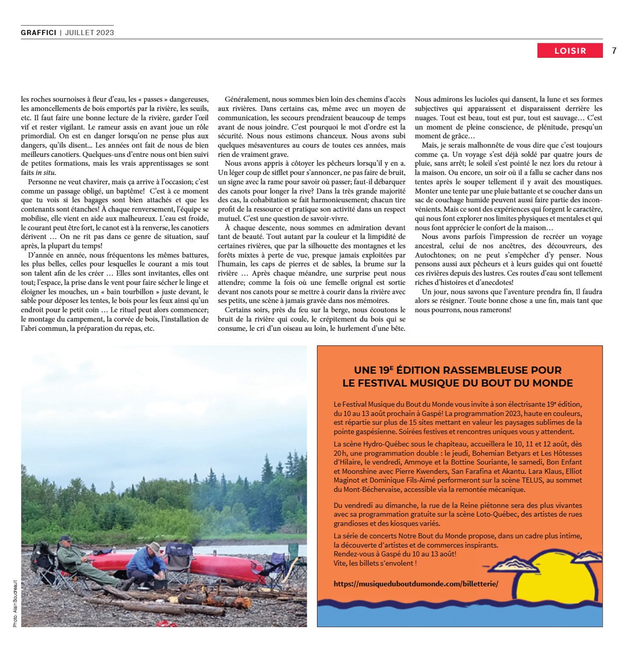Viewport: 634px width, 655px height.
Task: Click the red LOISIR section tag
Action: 570,51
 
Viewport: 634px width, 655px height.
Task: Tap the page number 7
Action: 614,51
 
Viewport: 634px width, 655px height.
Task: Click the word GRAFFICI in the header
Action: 38,33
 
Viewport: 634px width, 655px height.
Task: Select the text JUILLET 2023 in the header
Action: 89,33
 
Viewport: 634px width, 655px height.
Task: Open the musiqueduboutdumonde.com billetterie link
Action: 416,583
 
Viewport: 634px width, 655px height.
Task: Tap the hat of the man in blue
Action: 153,547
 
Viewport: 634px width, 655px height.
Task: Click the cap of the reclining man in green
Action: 65,538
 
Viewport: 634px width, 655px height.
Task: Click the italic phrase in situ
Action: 46,173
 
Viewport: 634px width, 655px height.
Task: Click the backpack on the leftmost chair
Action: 40,555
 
